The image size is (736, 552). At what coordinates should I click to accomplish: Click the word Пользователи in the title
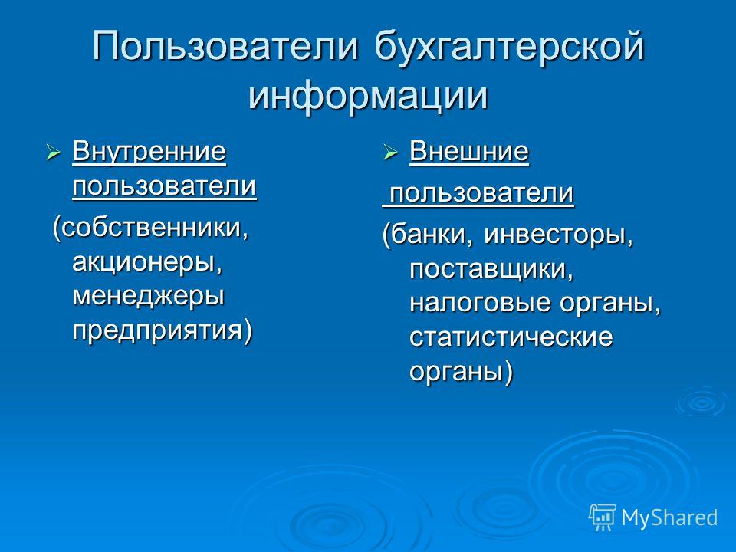(225, 46)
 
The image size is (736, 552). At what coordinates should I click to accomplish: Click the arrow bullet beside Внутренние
(53, 153)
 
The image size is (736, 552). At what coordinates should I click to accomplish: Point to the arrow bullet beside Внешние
(390, 153)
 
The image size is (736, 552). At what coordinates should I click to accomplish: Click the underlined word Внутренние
(149, 153)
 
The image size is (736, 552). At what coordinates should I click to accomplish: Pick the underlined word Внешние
(469, 152)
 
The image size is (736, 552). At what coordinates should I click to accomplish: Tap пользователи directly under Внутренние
(164, 186)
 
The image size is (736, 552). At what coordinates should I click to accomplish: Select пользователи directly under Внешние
(482, 192)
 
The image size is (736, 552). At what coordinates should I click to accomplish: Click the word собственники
(154, 228)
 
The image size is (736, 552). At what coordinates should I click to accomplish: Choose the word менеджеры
(148, 296)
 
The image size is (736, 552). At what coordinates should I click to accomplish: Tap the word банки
(431, 235)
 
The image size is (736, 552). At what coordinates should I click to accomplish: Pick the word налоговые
(480, 304)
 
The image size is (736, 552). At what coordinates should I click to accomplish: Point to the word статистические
(511, 337)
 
